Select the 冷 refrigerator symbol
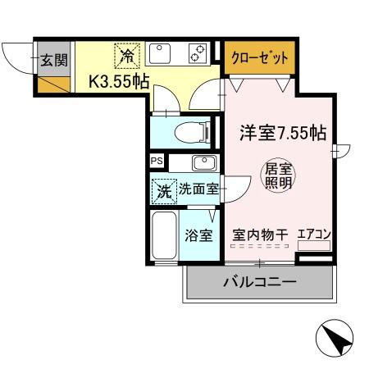[x=127, y=56]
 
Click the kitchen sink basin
[x=161, y=55]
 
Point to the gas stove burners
[x=198, y=55]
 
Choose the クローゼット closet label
[x=258, y=59]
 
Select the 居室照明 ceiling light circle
[x=276, y=176]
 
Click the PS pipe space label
[x=157, y=162]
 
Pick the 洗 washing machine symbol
[x=164, y=190]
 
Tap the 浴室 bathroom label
[x=198, y=235]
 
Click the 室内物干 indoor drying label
[x=260, y=235]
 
